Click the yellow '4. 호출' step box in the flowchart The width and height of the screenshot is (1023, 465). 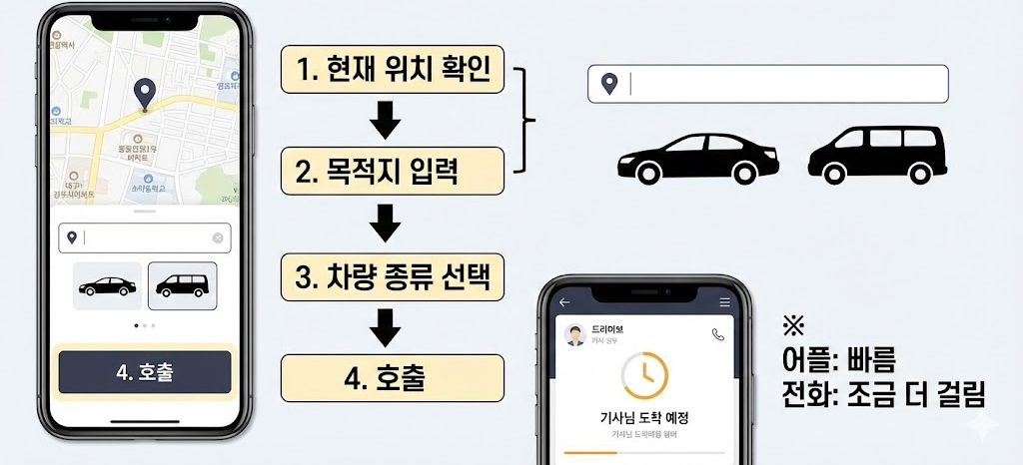click(x=391, y=377)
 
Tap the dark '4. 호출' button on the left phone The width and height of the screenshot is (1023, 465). click(x=144, y=372)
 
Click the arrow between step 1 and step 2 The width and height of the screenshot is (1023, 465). click(x=385, y=122)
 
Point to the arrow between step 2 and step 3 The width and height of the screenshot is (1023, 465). click(x=385, y=224)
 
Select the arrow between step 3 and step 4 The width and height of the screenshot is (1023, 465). click(x=385, y=326)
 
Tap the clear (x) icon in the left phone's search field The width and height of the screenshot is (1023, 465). click(x=218, y=237)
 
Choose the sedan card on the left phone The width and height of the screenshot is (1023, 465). click(x=107, y=286)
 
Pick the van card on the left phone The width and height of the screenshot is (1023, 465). click(x=182, y=286)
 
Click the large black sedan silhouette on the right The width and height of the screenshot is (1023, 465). click(x=697, y=159)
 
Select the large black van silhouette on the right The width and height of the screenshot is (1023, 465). click(x=877, y=155)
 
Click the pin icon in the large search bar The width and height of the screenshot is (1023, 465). click(x=608, y=85)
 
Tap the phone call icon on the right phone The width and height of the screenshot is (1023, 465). click(x=717, y=335)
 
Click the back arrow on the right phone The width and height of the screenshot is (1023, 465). click(x=564, y=301)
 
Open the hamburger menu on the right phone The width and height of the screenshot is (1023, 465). click(x=724, y=301)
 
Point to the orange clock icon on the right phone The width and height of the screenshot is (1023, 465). click(x=644, y=375)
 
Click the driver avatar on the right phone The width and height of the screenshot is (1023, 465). click(x=574, y=335)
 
